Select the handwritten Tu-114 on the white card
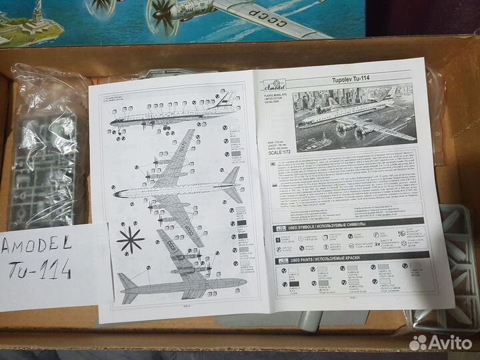47,269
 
